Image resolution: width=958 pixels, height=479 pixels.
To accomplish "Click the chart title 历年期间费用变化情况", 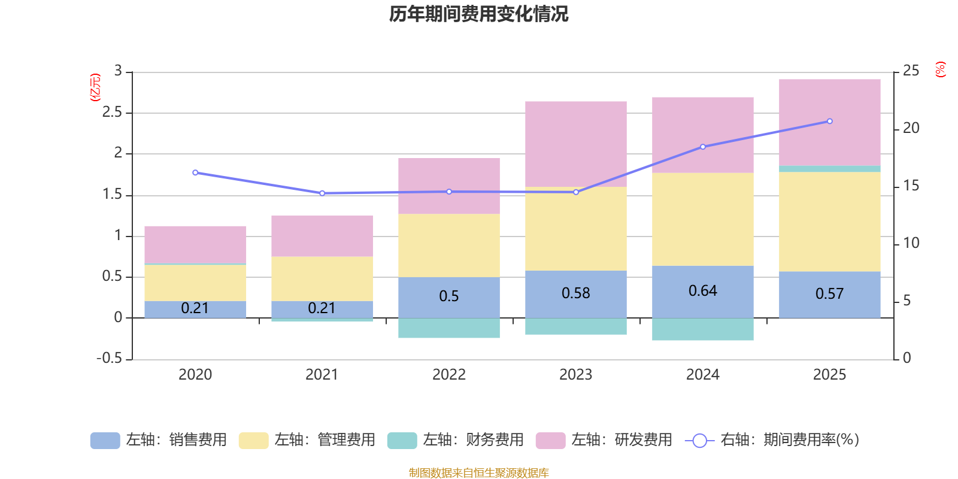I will point(478,14).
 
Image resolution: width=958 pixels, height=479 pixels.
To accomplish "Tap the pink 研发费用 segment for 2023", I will point(575,144).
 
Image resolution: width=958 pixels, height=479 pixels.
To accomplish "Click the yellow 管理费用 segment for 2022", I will point(448,245).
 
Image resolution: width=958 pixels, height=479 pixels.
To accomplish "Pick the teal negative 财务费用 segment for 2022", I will point(448,328).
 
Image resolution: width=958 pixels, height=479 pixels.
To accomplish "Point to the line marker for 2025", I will point(829,121).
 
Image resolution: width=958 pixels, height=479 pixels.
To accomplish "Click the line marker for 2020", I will point(195,172).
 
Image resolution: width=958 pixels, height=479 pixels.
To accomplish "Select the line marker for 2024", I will point(702,147).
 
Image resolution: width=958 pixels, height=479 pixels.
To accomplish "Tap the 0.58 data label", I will point(575,293).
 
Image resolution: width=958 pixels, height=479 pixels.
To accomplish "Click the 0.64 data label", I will point(702,291).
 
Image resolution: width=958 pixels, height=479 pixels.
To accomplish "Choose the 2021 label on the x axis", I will point(322,375).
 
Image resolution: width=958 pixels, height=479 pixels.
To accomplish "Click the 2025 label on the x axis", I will point(829,375).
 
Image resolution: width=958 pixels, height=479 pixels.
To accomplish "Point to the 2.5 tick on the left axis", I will point(112,113).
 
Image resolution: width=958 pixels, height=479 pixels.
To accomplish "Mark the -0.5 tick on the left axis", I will point(109,358).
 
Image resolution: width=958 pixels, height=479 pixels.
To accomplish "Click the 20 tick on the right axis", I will point(911,128).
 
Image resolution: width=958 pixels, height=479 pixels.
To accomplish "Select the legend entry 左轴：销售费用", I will point(159,440).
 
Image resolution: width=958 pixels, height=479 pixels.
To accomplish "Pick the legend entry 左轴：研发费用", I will point(604,440).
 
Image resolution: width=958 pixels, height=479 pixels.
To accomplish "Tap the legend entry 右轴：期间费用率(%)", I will point(772,440).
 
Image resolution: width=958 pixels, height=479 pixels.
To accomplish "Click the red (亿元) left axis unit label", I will point(95,87).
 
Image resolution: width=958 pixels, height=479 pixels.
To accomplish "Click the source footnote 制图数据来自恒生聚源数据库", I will point(478,473).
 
